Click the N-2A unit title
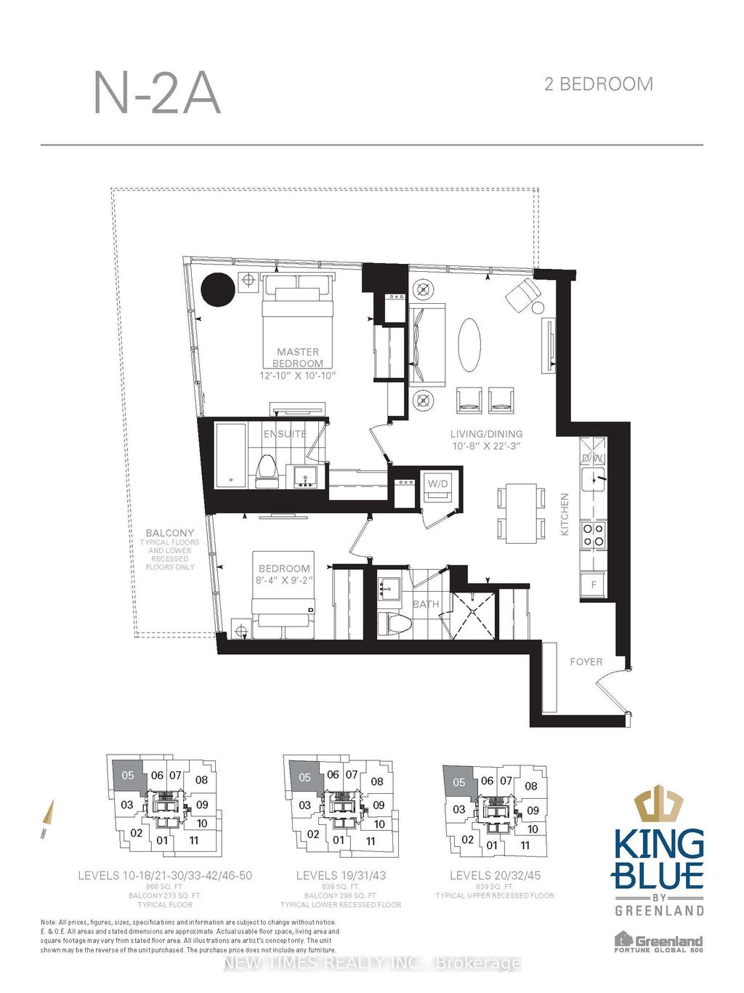tap(157, 92)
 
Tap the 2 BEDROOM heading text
tap(598, 84)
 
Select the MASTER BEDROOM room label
tap(298, 357)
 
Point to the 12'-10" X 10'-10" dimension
tap(298, 376)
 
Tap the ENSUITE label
tap(284, 434)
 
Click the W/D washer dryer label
tap(438, 483)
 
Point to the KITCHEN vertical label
tap(565, 515)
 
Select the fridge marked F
tap(593, 584)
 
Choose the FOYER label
tap(586, 662)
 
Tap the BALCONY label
tap(169, 533)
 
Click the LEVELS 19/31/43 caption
tap(341, 875)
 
